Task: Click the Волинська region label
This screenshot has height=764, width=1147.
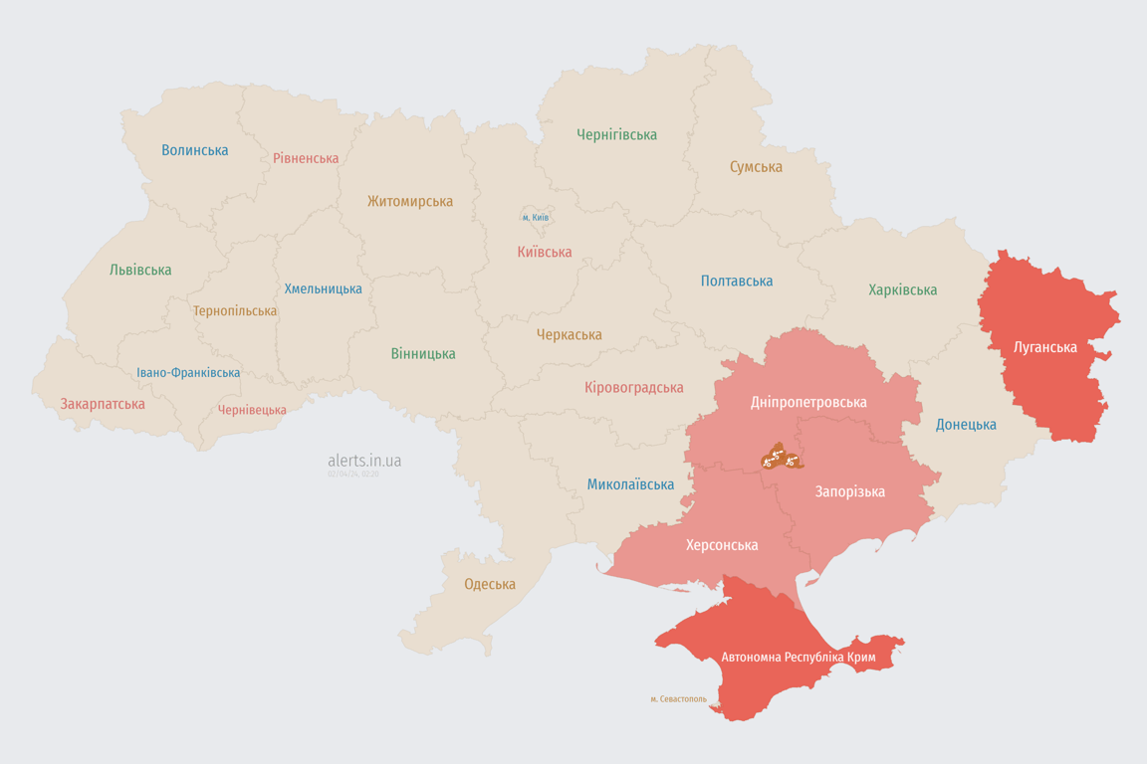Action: pyautogui.click(x=195, y=150)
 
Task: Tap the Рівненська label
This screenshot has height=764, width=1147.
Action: pyautogui.click(x=306, y=158)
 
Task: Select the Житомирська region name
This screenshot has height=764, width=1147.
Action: pyautogui.click(x=410, y=201)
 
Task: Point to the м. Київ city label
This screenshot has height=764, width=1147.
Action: pyautogui.click(x=536, y=217)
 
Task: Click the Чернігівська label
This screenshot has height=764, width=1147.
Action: pyautogui.click(x=616, y=134)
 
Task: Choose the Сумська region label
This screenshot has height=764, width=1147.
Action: pyautogui.click(x=756, y=166)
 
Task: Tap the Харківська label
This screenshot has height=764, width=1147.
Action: pyautogui.click(x=902, y=289)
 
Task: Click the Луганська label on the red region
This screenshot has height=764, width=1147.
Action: pyautogui.click(x=1044, y=347)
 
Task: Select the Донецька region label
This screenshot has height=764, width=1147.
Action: pyautogui.click(x=966, y=425)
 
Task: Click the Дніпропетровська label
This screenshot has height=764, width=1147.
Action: pyautogui.click(x=808, y=402)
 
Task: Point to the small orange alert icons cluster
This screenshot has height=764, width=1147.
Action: pyautogui.click(x=782, y=458)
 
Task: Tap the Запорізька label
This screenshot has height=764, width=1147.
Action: pyautogui.click(x=849, y=491)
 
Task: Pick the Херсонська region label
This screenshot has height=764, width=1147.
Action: pyautogui.click(x=722, y=545)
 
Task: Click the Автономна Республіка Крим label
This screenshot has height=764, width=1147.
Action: pyautogui.click(x=797, y=658)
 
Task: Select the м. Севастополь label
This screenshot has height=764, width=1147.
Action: pyautogui.click(x=678, y=699)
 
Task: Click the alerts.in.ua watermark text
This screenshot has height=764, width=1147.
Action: pyautogui.click(x=364, y=461)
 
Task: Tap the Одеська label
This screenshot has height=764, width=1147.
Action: pyautogui.click(x=490, y=584)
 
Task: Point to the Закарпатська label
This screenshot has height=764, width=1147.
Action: pyautogui.click(x=103, y=404)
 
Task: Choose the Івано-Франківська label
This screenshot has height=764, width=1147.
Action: pyautogui.click(x=188, y=373)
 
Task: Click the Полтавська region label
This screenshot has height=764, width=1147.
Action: pyautogui.click(x=737, y=281)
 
